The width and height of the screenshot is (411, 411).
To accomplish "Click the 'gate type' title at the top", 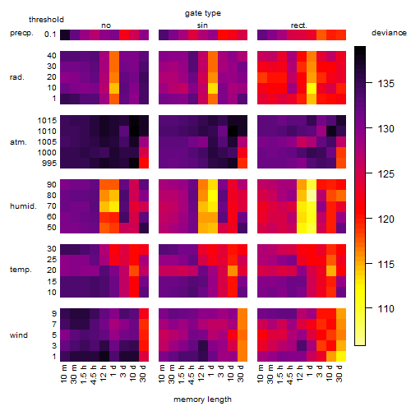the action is click(203, 13).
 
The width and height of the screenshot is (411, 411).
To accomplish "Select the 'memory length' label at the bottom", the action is click(202, 399).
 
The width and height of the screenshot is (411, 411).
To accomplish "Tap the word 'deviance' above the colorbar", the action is click(389, 33).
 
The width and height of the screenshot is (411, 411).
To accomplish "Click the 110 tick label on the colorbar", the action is click(386, 309).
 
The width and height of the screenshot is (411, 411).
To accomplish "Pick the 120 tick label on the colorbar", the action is click(386, 219).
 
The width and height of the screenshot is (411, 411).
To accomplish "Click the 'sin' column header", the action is click(202, 25).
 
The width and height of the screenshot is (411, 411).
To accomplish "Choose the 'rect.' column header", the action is click(299, 25).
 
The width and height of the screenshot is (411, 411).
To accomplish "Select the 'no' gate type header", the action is click(106, 25).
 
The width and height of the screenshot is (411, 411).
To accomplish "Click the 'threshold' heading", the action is click(46, 20).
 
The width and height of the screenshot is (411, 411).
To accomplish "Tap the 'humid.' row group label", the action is click(23, 206).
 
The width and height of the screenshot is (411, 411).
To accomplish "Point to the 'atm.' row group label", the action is click(18, 142).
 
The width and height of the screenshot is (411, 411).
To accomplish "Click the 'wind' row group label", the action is click(19, 335).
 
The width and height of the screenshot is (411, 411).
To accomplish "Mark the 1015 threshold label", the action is click(47, 121).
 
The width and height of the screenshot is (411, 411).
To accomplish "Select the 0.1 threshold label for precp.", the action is click(50, 35).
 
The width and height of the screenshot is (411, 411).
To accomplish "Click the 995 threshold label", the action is click(49, 164).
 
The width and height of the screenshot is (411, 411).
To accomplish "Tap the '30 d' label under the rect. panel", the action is click(339, 373).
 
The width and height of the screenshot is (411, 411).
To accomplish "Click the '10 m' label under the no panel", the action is click(63, 374).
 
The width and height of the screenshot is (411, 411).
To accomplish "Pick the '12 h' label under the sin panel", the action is click(201, 373).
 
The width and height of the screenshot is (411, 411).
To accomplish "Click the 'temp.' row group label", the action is click(21, 270).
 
